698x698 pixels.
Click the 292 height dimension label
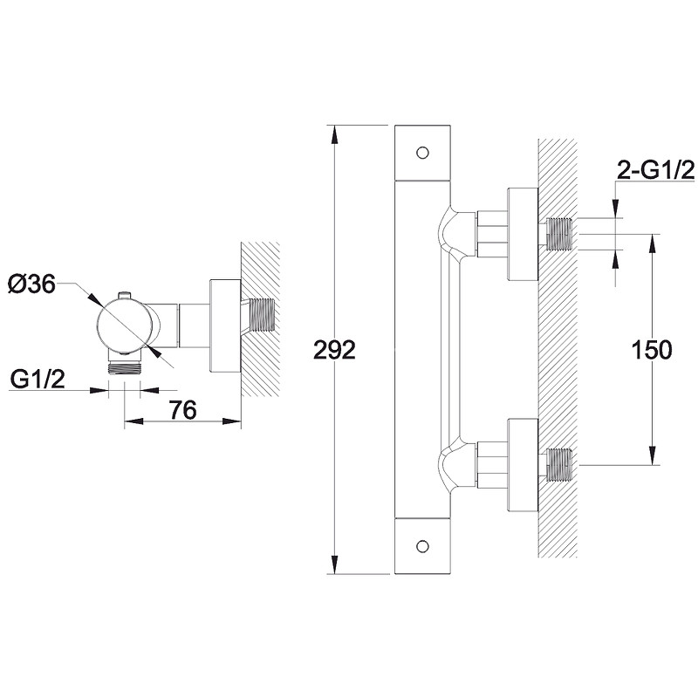[336, 351]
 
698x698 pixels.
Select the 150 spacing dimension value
[651, 350]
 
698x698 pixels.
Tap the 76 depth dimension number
[181, 410]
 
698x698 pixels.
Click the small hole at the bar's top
[423, 153]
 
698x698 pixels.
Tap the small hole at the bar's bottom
[423, 547]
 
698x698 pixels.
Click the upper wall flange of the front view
[523, 233]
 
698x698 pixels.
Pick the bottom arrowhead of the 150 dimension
[651, 460]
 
